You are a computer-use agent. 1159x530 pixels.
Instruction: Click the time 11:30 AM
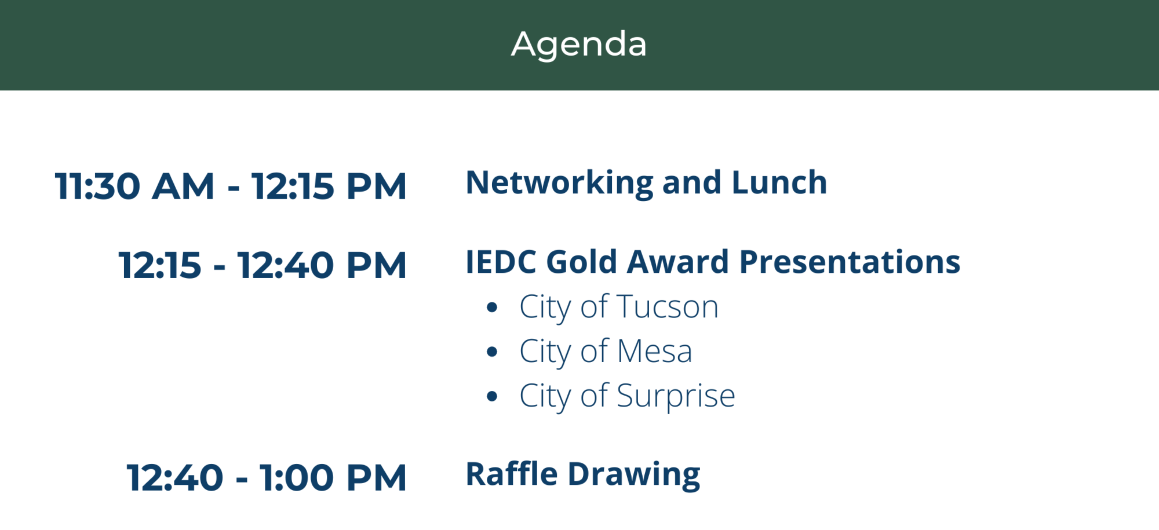(134, 187)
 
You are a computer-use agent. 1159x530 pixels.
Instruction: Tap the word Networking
(560, 184)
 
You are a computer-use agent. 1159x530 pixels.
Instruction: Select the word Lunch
(779, 182)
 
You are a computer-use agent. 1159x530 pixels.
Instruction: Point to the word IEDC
(501, 262)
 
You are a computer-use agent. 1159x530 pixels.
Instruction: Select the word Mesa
(655, 351)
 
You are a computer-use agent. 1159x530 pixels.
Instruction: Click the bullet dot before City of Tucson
(492, 308)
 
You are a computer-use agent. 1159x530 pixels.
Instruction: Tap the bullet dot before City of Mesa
(492, 352)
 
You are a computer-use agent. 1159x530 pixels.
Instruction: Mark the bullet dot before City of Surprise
(492, 396)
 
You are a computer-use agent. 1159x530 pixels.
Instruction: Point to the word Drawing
(634, 475)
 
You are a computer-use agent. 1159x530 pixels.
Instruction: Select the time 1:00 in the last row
(297, 478)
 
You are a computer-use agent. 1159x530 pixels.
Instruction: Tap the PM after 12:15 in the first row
(377, 187)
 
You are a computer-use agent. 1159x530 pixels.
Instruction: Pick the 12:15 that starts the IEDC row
(160, 265)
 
